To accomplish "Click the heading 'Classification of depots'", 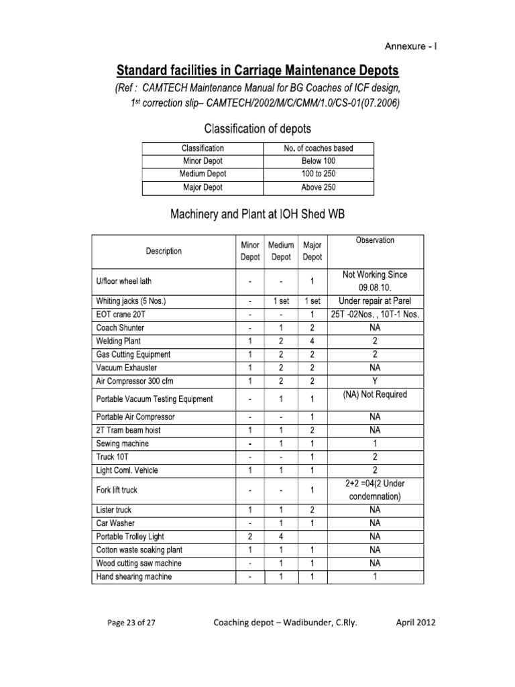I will [257, 127].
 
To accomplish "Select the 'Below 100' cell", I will [319, 161].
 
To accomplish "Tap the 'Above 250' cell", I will [319, 187].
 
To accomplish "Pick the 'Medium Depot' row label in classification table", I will [203, 174].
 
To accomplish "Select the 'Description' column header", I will [164, 252].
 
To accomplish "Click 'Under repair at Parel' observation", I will [375, 301].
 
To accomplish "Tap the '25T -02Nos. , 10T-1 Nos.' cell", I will [375, 315].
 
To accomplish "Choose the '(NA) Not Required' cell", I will [375, 394].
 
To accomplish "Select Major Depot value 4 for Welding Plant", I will [312, 341].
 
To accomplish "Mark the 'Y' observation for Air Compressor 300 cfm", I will [375, 380].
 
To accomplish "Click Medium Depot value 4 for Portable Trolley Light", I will [280, 537].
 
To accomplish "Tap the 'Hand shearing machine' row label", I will [134, 576].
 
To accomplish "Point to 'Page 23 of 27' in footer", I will [131, 623].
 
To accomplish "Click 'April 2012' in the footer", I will [416, 623].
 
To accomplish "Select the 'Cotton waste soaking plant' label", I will [139, 550].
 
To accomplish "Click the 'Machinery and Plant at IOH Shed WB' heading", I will [257, 215].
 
